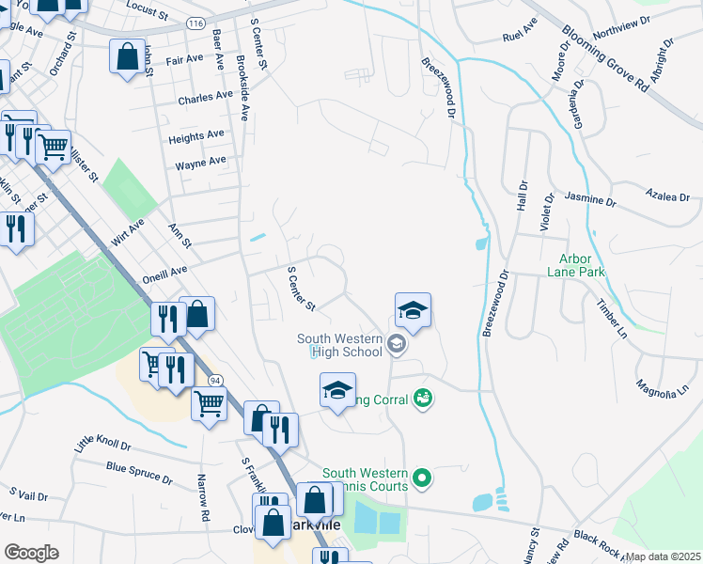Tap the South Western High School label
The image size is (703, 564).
pyautogui.click(x=339, y=346)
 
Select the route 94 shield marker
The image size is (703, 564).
pyautogui.click(x=215, y=380)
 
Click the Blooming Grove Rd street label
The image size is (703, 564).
pyautogui.click(x=605, y=57)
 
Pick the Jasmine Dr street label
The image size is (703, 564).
pyautogui.click(x=590, y=200)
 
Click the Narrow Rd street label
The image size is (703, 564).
pyautogui.click(x=202, y=497)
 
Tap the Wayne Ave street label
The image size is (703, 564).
pyautogui.click(x=200, y=163)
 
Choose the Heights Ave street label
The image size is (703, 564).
pyautogui.click(x=196, y=137)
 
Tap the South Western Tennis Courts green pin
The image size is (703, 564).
pyautogui.click(x=422, y=478)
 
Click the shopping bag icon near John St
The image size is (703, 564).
pyautogui.click(x=127, y=57)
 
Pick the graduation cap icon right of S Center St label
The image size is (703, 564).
pyautogui.click(x=413, y=310)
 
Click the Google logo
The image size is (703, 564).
pyautogui.click(x=31, y=553)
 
